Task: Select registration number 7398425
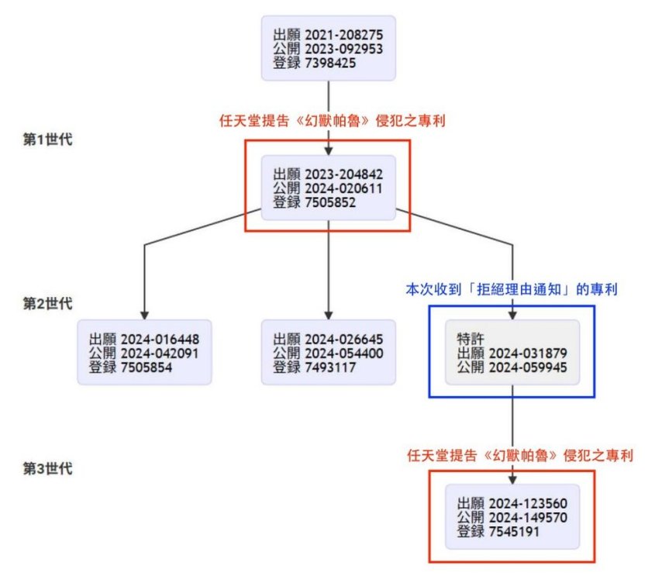point(330,63)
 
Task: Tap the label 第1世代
point(49,140)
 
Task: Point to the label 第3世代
point(49,468)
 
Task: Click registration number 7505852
point(330,202)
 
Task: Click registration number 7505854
point(147,367)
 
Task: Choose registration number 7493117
point(330,367)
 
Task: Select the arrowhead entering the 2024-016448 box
point(144,314)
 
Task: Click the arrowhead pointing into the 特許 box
point(512,314)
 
